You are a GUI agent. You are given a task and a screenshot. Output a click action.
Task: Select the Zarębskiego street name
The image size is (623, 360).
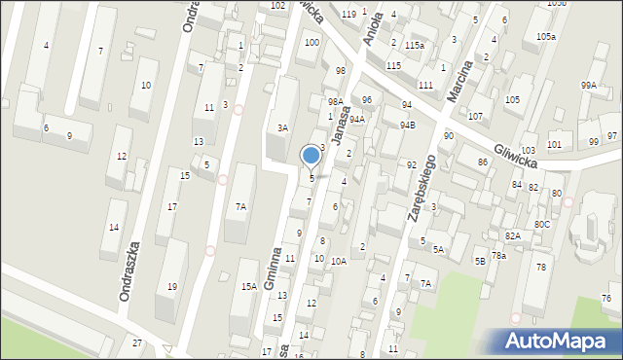421,190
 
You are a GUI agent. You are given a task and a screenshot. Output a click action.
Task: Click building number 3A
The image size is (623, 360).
282,127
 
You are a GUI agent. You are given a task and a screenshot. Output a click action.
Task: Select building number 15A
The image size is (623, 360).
248,286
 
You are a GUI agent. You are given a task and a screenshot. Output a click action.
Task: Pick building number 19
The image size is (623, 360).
172,286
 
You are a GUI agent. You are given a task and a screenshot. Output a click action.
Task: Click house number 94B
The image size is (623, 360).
407,125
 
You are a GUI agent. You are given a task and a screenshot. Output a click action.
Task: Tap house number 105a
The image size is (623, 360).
546,37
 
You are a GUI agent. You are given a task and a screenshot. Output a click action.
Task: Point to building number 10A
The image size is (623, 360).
338,261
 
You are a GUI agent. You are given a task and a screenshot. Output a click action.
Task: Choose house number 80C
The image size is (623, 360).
541,225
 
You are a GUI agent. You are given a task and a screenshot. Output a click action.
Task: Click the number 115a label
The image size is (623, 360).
416,46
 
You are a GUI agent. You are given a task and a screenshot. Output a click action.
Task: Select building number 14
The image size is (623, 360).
114,228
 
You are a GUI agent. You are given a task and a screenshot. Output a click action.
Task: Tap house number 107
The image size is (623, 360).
475,117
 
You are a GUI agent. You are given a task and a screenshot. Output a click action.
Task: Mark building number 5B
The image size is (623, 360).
480,261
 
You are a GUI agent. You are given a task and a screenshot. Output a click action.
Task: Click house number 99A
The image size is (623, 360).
588,86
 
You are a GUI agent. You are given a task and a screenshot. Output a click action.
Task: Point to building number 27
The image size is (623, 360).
137,342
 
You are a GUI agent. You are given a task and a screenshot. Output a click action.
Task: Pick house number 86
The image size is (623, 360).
482,162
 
